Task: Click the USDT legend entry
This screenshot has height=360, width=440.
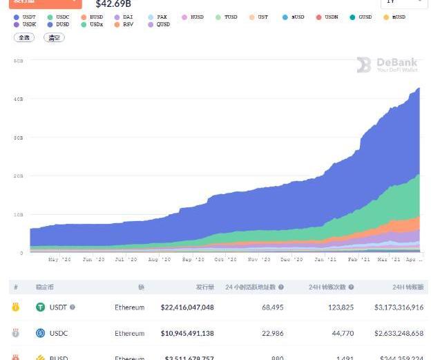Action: [x=26, y=17]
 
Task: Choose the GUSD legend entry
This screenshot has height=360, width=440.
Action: [x=361, y=17]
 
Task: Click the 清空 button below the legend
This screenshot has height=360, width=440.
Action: [x=54, y=37]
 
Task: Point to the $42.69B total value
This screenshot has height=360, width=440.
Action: [x=113, y=4]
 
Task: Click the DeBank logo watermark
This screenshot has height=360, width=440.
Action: [x=388, y=66]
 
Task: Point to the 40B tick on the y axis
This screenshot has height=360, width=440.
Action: [x=19, y=99]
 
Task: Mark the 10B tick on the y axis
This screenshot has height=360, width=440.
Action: [x=19, y=214]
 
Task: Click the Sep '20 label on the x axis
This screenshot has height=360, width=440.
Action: [x=193, y=260]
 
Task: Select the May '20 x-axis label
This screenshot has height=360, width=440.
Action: [x=59, y=260]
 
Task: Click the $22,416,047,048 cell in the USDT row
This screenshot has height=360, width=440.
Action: [x=187, y=307]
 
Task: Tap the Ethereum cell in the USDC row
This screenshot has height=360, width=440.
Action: [x=130, y=333]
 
